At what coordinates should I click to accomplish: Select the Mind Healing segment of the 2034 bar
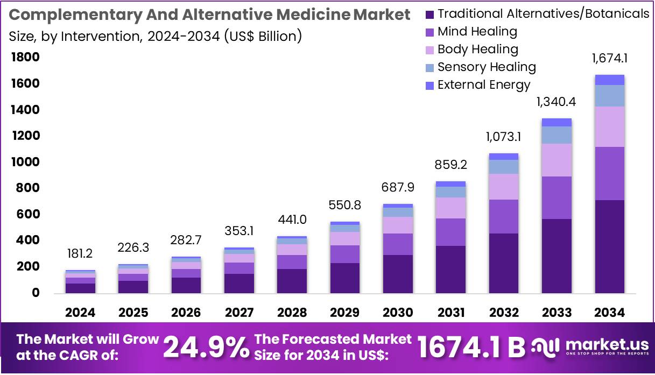pyautogui.click(x=610, y=173)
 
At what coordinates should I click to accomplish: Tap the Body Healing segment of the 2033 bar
pyautogui.click(x=557, y=160)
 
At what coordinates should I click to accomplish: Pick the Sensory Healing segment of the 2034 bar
pyautogui.click(x=610, y=96)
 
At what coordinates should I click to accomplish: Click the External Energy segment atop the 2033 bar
pyautogui.click(x=557, y=122)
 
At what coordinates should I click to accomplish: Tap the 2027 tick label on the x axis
pyautogui.click(x=240, y=313)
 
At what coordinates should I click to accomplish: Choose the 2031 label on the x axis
pyautogui.click(x=451, y=313)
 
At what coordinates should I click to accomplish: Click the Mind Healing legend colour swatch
pyautogui.click(x=429, y=32)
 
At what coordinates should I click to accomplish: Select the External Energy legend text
pyautogui.click(x=484, y=85)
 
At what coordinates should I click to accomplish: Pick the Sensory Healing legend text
pyautogui.click(x=487, y=67)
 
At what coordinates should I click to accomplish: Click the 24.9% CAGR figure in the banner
pyautogui.click(x=206, y=347)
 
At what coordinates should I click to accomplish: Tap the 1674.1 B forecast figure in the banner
pyautogui.click(x=471, y=347)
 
